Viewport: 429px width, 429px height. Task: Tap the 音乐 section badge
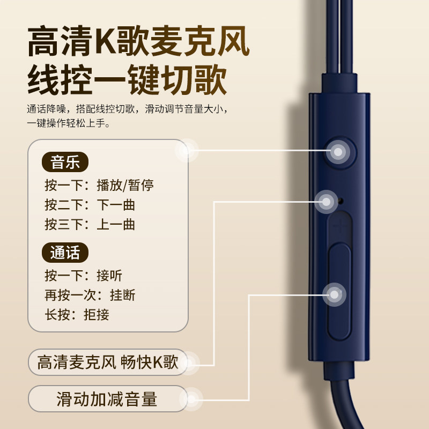pos(65,161)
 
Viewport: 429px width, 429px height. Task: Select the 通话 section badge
pos(65,252)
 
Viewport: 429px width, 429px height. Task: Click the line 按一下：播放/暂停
pos(99,186)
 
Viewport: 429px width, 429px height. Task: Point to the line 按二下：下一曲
pos(90,205)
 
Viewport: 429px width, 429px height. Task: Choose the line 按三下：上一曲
pos(90,224)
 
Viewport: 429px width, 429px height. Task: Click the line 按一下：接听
pos(84,276)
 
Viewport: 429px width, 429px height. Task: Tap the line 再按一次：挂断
pos(90,295)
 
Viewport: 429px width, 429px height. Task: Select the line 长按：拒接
pos(77,314)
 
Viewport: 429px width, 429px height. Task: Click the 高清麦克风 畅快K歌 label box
pos(107,363)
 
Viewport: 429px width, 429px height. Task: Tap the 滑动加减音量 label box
pos(107,400)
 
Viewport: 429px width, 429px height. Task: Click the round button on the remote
pos(339,152)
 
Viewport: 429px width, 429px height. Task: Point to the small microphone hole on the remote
pos(342,202)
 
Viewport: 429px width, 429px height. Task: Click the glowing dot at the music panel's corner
pos(187,151)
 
